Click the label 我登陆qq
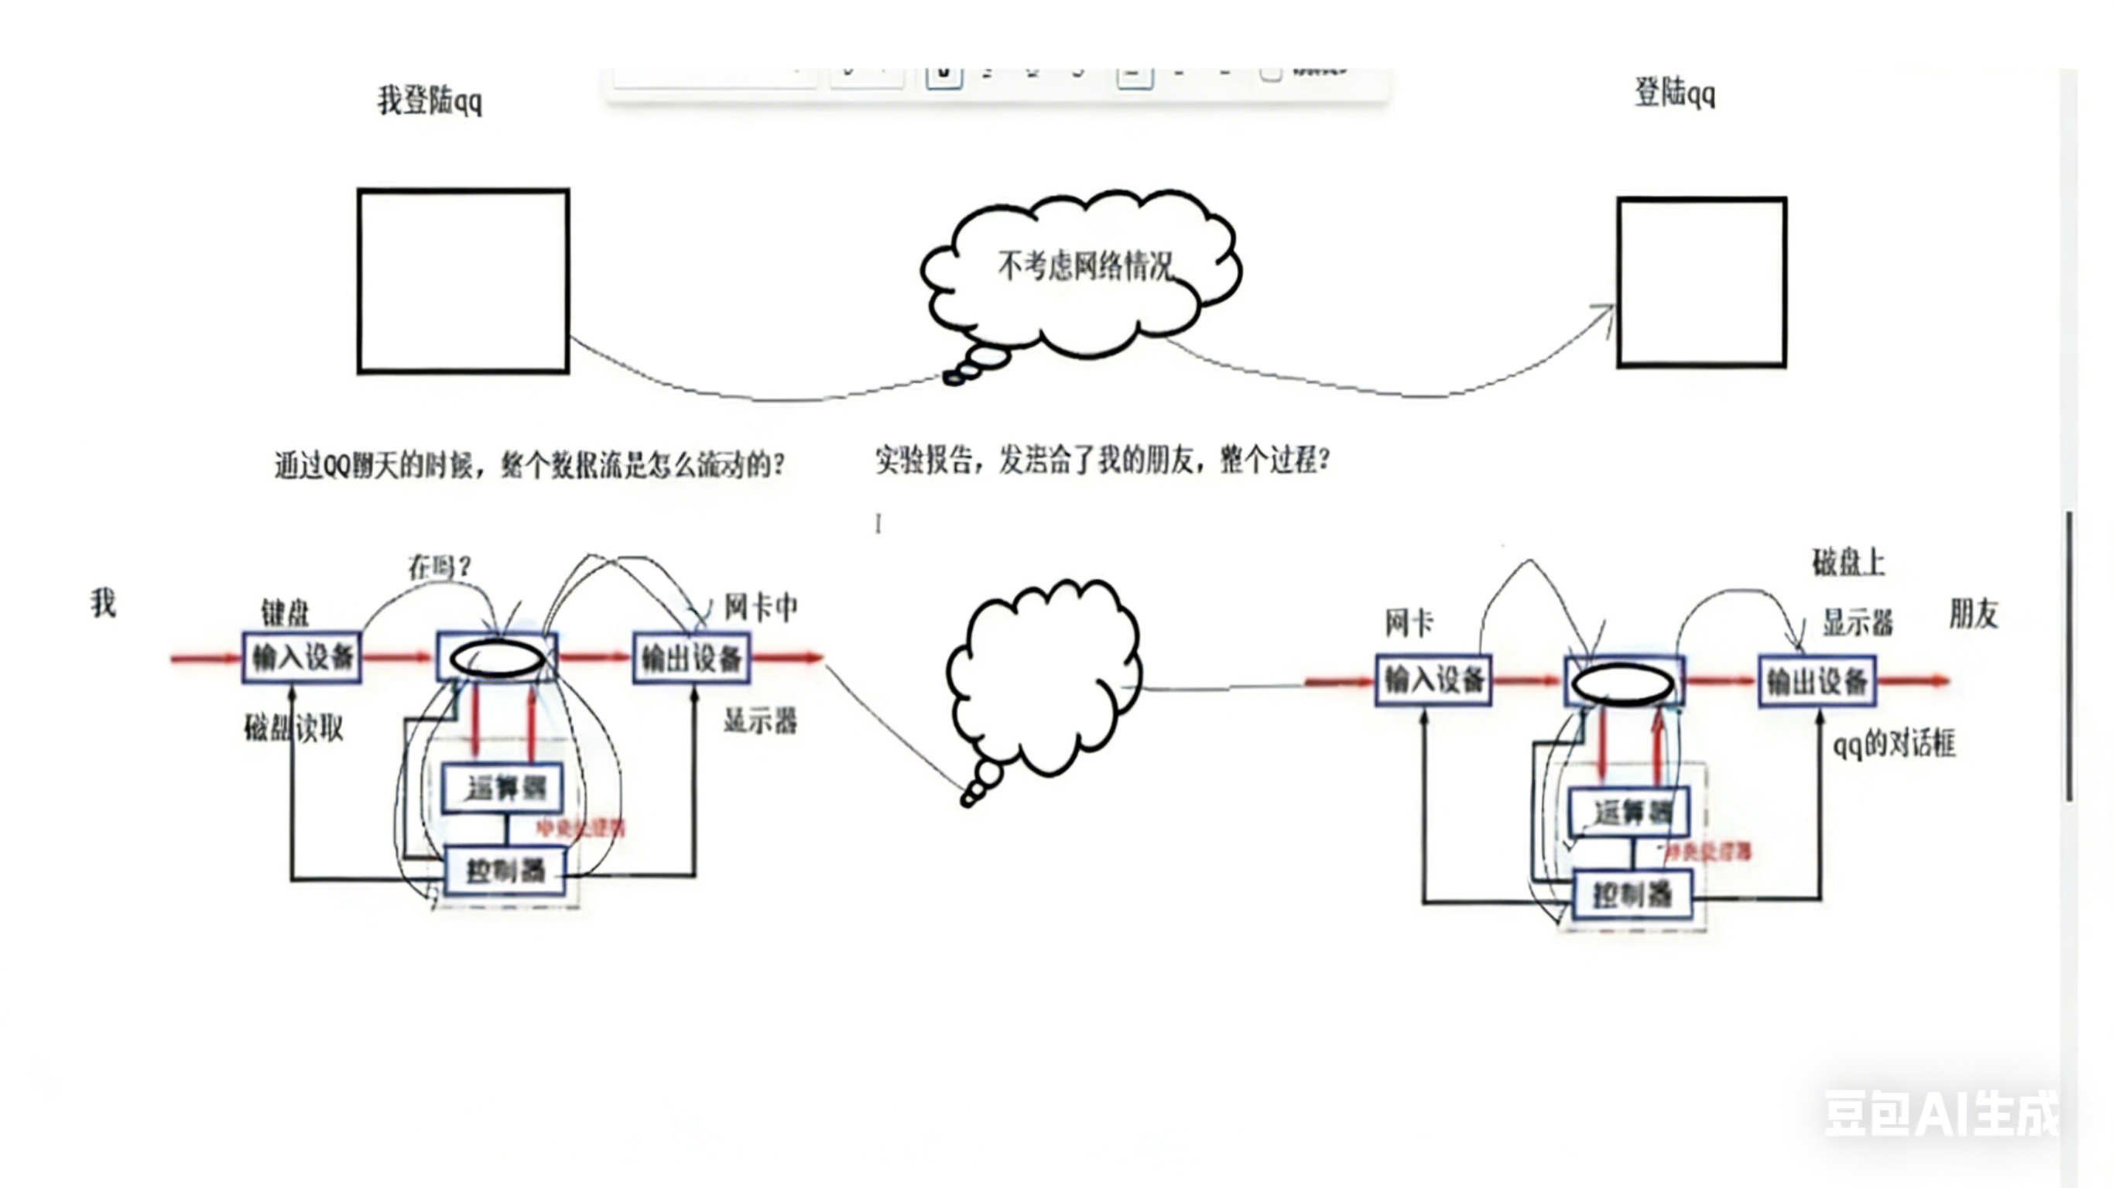click(x=429, y=101)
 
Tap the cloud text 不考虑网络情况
click(x=1084, y=265)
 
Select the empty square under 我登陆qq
click(x=464, y=282)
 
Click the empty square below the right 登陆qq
click(x=1701, y=282)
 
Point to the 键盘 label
click(x=285, y=612)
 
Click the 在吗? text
click(x=439, y=566)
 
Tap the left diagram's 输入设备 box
click(x=302, y=657)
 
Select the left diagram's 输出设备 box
click(x=691, y=658)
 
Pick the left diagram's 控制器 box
click(x=505, y=871)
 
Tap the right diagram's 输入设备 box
click(x=1433, y=680)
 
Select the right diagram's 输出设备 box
click(x=1817, y=681)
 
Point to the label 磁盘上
click(x=1848, y=563)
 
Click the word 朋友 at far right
click(x=1973, y=614)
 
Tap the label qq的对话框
click(x=1894, y=744)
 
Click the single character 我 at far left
click(x=104, y=603)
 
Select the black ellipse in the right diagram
click(x=1623, y=683)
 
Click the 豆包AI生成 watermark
click(x=1940, y=1114)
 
